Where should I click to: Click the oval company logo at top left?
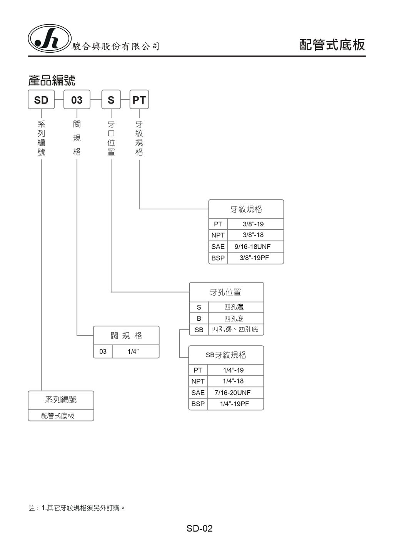click(x=50, y=38)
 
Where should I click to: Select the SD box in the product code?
click(x=41, y=100)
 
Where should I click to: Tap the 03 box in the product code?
click(x=77, y=100)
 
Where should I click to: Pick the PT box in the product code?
click(x=139, y=100)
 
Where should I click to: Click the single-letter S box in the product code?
click(x=111, y=100)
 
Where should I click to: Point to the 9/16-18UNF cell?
click(x=253, y=247)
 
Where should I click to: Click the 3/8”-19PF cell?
click(x=254, y=258)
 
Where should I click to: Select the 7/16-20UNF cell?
click(x=233, y=393)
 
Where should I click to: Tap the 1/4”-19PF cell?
click(x=234, y=404)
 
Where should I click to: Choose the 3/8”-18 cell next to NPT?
click(x=253, y=235)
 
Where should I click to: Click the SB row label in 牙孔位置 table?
click(x=199, y=330)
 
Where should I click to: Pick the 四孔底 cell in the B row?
click(x=234, y=318)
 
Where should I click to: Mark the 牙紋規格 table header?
click(x=246, y=209)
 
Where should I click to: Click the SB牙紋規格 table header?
click(x=226, y=355)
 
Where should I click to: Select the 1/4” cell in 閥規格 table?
click(x=133, y=351)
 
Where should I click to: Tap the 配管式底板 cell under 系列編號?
click(x=58, y=416)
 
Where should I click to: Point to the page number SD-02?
click(x=199, y=529)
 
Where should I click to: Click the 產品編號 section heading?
click(x=52, y=80)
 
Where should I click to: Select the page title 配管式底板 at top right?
click(x=332, y=45)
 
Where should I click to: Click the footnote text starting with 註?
click(x=77, y=508)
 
